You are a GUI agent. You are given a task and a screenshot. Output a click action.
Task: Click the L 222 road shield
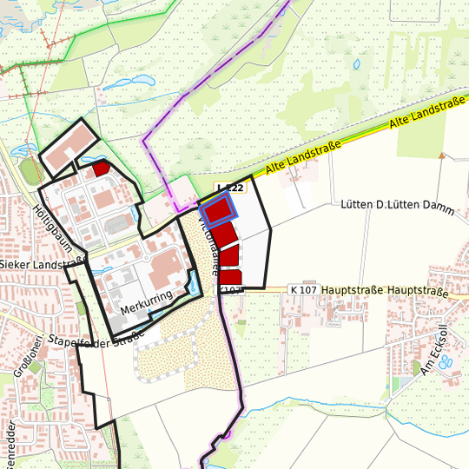[x=230, y=188]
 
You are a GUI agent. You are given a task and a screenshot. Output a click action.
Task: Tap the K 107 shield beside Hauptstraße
[x=303, y=289]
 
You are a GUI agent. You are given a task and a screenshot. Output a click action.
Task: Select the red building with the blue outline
[x=217, y=211]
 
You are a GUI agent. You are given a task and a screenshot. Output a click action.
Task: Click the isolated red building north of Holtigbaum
[x=100, y=168]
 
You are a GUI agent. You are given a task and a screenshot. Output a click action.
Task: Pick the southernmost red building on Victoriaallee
[x=230, y=277]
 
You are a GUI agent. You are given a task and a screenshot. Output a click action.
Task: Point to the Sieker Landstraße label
[x=41, y=263]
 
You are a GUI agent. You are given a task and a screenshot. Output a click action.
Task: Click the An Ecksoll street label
[x=432, y=350]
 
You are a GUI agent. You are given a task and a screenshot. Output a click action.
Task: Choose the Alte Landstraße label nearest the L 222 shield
[x=301, y=159]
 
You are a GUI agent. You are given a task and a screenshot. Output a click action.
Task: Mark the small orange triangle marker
[x=442, y=156]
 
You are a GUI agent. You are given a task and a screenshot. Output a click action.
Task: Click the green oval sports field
[x=31, y=170]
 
